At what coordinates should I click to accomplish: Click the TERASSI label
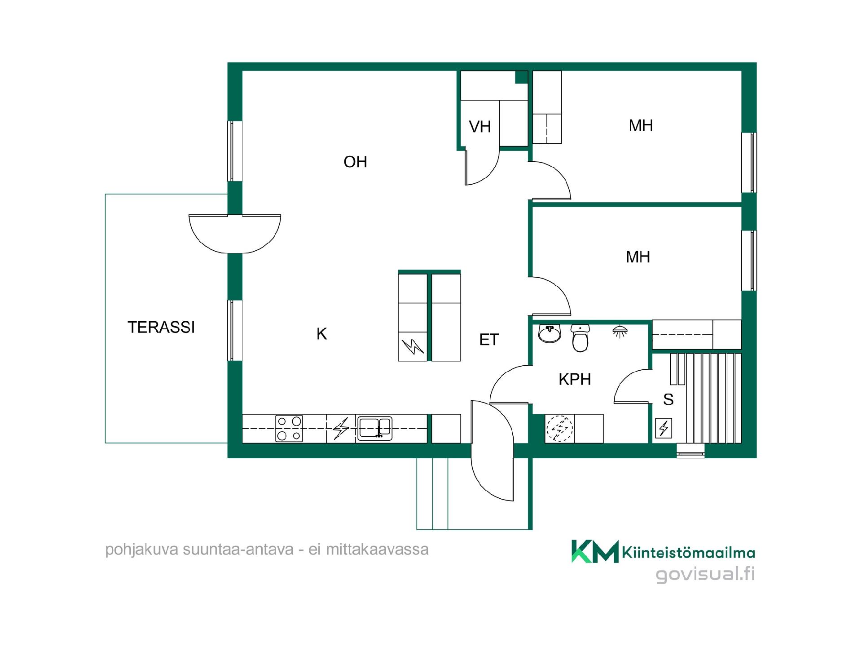161,327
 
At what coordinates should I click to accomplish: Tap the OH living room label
355,162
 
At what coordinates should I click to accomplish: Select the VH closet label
480,127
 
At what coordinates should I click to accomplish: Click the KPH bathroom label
575,379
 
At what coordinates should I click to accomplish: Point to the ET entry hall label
489,340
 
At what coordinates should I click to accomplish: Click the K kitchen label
321,334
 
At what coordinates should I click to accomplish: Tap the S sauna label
668,399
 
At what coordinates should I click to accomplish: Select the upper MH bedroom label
641,126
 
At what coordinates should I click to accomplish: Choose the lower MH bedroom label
638,257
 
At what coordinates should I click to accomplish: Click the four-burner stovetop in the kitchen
289,429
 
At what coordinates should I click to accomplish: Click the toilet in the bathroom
581,338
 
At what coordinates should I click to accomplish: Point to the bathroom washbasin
550,333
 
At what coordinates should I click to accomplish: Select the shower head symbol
620,332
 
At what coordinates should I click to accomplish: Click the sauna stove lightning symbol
664,428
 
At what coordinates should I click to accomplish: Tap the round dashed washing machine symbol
559,428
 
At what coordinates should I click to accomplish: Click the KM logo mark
595,551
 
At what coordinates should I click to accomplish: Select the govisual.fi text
705,575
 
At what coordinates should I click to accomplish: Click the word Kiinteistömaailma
688,552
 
